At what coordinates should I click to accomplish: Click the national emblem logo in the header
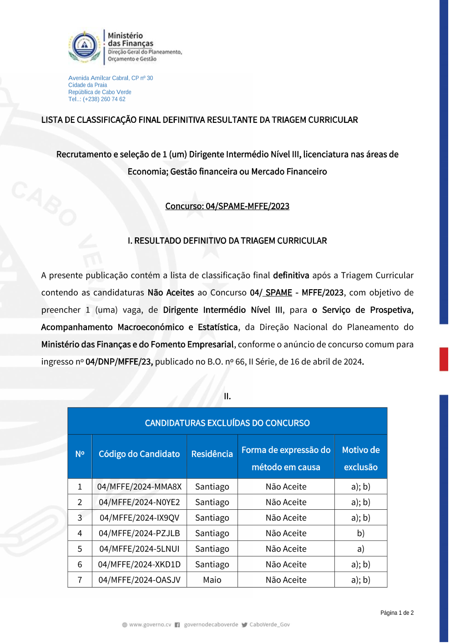click(x=85, y=46)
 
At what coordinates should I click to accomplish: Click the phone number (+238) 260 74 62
click(x=104, y=99)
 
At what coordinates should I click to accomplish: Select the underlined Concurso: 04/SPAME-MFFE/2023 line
click(x=227, y=206)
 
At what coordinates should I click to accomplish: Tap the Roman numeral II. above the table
click(x=227, y=396)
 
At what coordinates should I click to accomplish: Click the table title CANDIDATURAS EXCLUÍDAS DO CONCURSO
click(x=227, y=423)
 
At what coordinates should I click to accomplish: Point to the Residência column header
click(x=212, y=454)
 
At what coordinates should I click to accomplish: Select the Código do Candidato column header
click(x=139, y=454)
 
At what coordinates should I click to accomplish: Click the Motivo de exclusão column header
click(x=361, y=458)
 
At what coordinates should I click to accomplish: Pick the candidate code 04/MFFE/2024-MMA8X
click(x=139, y=487)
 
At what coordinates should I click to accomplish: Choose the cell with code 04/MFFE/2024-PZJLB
click(x=139, y=533)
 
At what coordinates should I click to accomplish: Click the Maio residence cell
click(x=212, y=580)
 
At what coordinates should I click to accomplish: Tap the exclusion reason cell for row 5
click(x=361, y=549)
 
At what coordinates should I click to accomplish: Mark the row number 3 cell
click(x=80, y=517)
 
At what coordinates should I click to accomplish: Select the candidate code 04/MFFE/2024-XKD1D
click(x=139, y=564)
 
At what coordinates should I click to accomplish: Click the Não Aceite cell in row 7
click(x=286, y=580)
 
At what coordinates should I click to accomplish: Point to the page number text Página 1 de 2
click(x=397, y=613)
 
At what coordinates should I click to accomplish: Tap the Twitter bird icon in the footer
click(x=245, y=625)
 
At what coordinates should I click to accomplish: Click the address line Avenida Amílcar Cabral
click(x=111, y=78)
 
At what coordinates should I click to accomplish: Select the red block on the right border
click(x=444, y=359)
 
